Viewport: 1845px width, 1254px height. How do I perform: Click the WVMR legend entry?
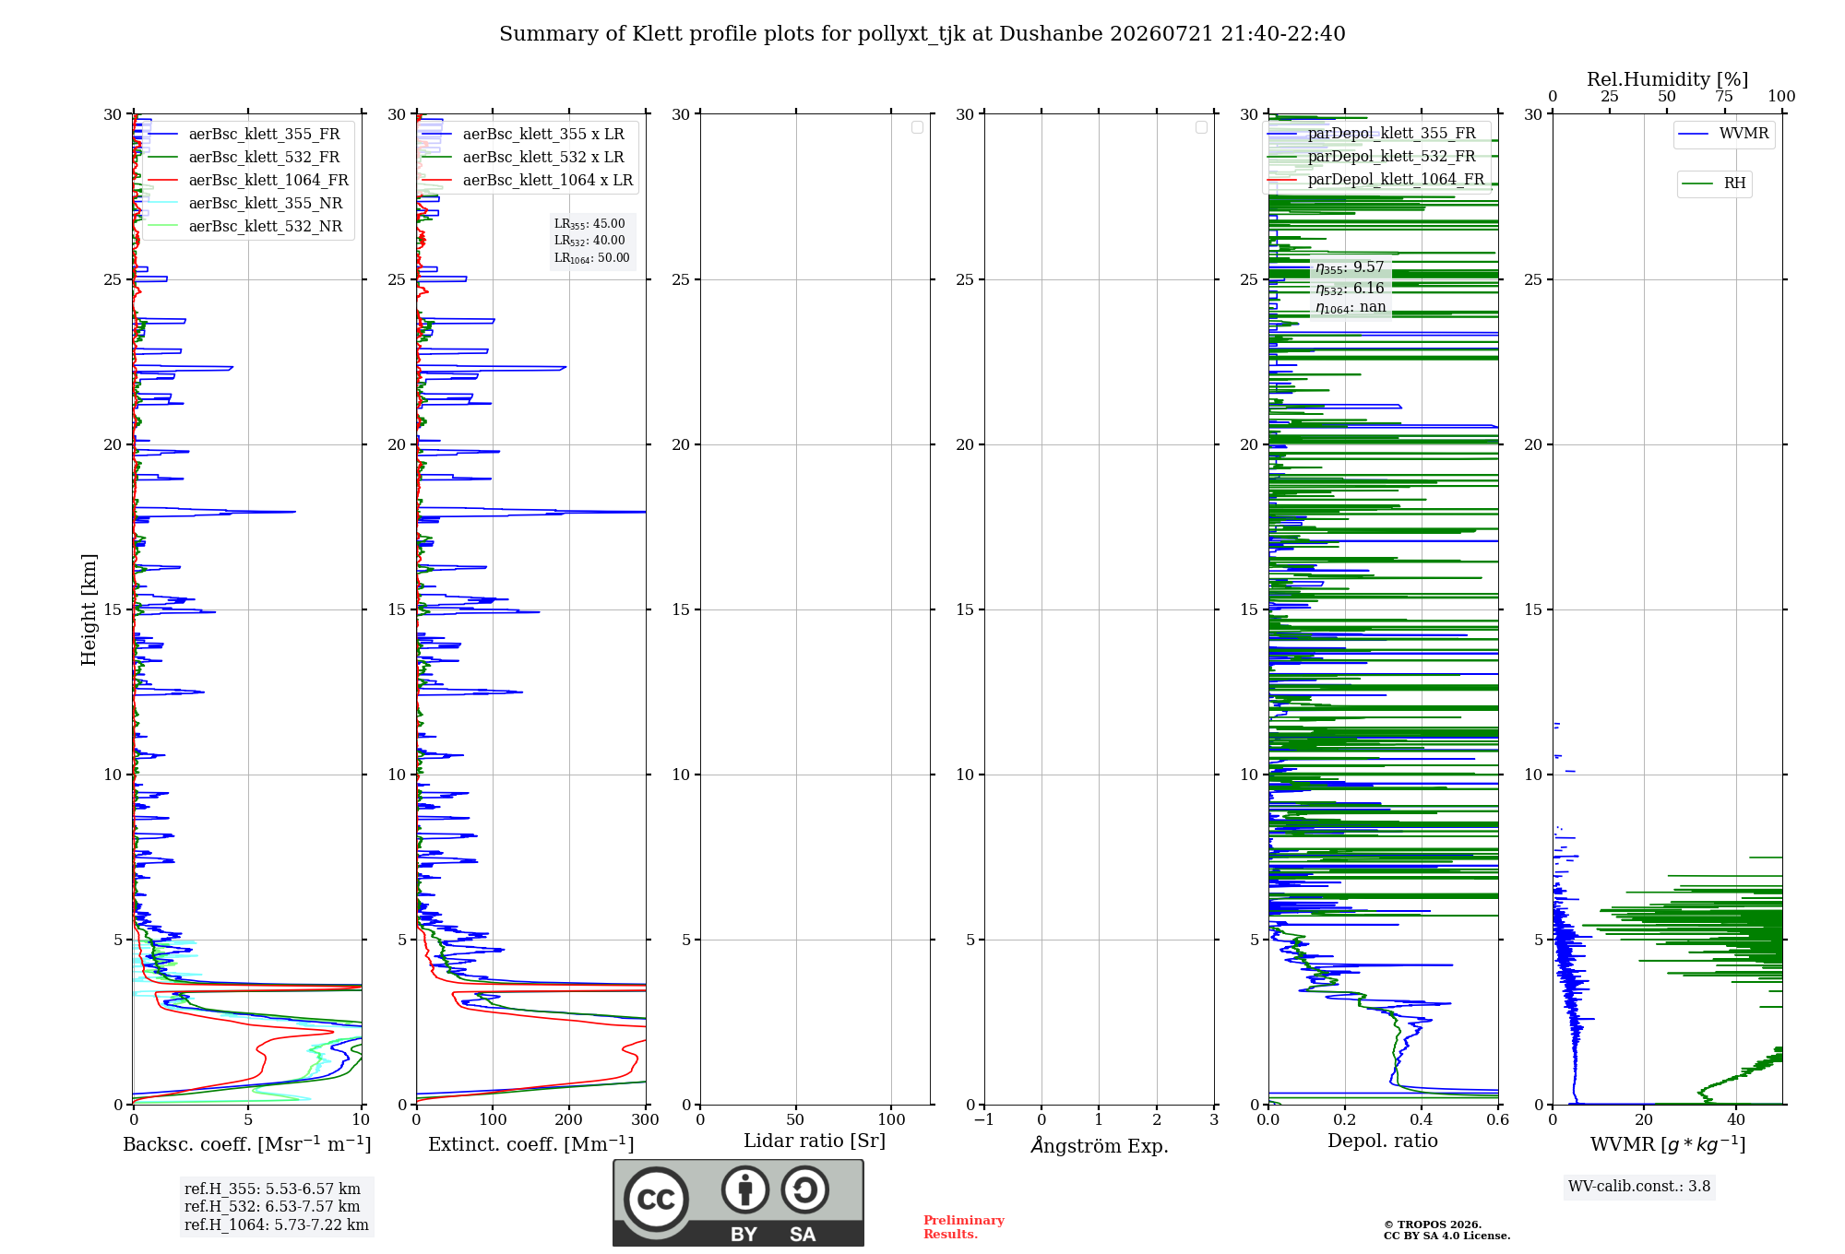(x=1723, y=134)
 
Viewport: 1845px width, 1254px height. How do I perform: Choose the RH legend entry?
(x=1714, y=183)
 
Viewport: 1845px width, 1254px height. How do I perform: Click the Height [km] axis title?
(x=89, y=609)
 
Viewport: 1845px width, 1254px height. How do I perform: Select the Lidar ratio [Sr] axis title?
(x=815, y=1142)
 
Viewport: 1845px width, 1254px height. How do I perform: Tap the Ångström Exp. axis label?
(x=1100, y=1145)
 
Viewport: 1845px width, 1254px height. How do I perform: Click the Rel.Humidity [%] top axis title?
(x=1668, y=79)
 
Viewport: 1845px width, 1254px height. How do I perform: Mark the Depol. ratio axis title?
(x=1383, y=1141)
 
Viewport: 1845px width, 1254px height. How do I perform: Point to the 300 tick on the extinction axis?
(x=646, y=1119)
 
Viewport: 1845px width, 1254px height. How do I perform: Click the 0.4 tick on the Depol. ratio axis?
(x=1422, y=1119)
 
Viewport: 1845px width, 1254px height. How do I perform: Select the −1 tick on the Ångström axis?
(x=984, y=1119)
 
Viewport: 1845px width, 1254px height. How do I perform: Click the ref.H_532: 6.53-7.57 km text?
(x=272, y=1206)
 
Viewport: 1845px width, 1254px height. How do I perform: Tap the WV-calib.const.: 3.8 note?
(x=1639, y=1187)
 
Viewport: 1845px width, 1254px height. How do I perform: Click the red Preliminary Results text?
(x=964, y=1227)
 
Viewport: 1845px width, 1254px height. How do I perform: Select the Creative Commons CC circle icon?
(x=656, y=1199)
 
